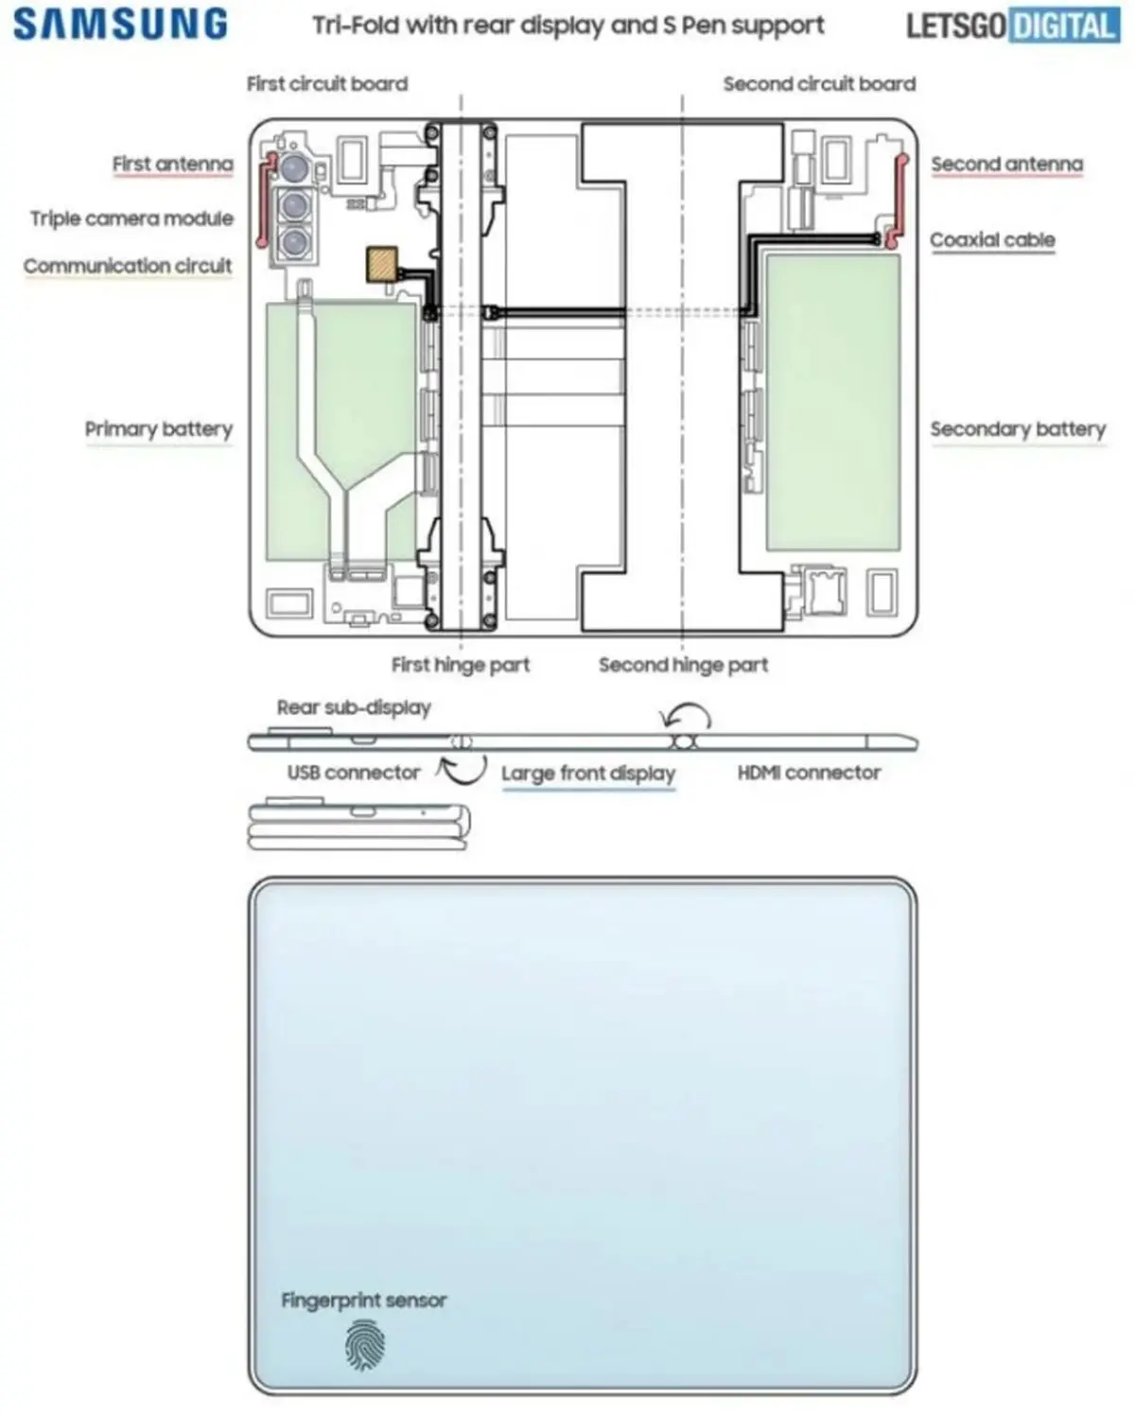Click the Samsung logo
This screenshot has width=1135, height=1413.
point(120,25)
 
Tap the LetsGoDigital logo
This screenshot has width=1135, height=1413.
point(1013,26)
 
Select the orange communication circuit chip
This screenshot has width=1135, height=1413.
point(382,264)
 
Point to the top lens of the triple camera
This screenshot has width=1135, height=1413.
point(294,168)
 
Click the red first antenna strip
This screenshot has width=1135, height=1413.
point(264,201)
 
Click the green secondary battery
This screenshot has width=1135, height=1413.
point(833,402)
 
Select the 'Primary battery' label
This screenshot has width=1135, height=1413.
point(159,428)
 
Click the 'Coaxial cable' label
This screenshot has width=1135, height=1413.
point(992,239)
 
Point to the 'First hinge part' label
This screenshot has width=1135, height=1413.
point(461,665)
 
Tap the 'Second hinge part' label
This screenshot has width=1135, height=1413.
point(683,665)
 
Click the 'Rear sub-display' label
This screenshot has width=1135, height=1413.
point(354,707)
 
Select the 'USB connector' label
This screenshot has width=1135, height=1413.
point(354,773)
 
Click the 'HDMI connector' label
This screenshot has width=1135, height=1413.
point(809,773)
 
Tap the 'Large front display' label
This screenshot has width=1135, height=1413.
point(588,774)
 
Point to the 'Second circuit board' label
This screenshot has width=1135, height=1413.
point(820,84)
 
